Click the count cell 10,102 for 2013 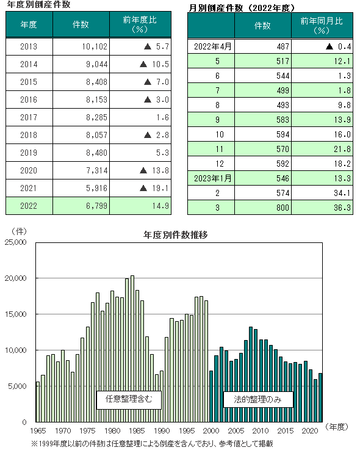click(x=81, y=46)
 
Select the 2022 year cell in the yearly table click(x=29, y=206)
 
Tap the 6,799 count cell click(x=81, y=206)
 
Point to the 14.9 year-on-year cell click(x=140, y=206)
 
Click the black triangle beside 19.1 click(x=143, y=189)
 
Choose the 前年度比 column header click(x=140, y=24)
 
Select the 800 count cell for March click(x=263, y=208)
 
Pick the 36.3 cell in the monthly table click(x=322, y=208)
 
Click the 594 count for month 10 click(x=263, y=134)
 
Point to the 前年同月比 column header click(x=322, y=26)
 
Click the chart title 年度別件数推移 click(x=175, y=235)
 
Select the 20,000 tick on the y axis click(x=15, y=278)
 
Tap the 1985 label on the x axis click(x=137, y=431)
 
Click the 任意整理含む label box click(x=129, y=400)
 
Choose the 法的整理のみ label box click(x=258, y=399)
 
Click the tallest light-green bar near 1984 click(x=132, y=349)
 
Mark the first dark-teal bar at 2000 click(x=211, y=396)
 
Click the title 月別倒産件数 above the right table click(x=216, y=8)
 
